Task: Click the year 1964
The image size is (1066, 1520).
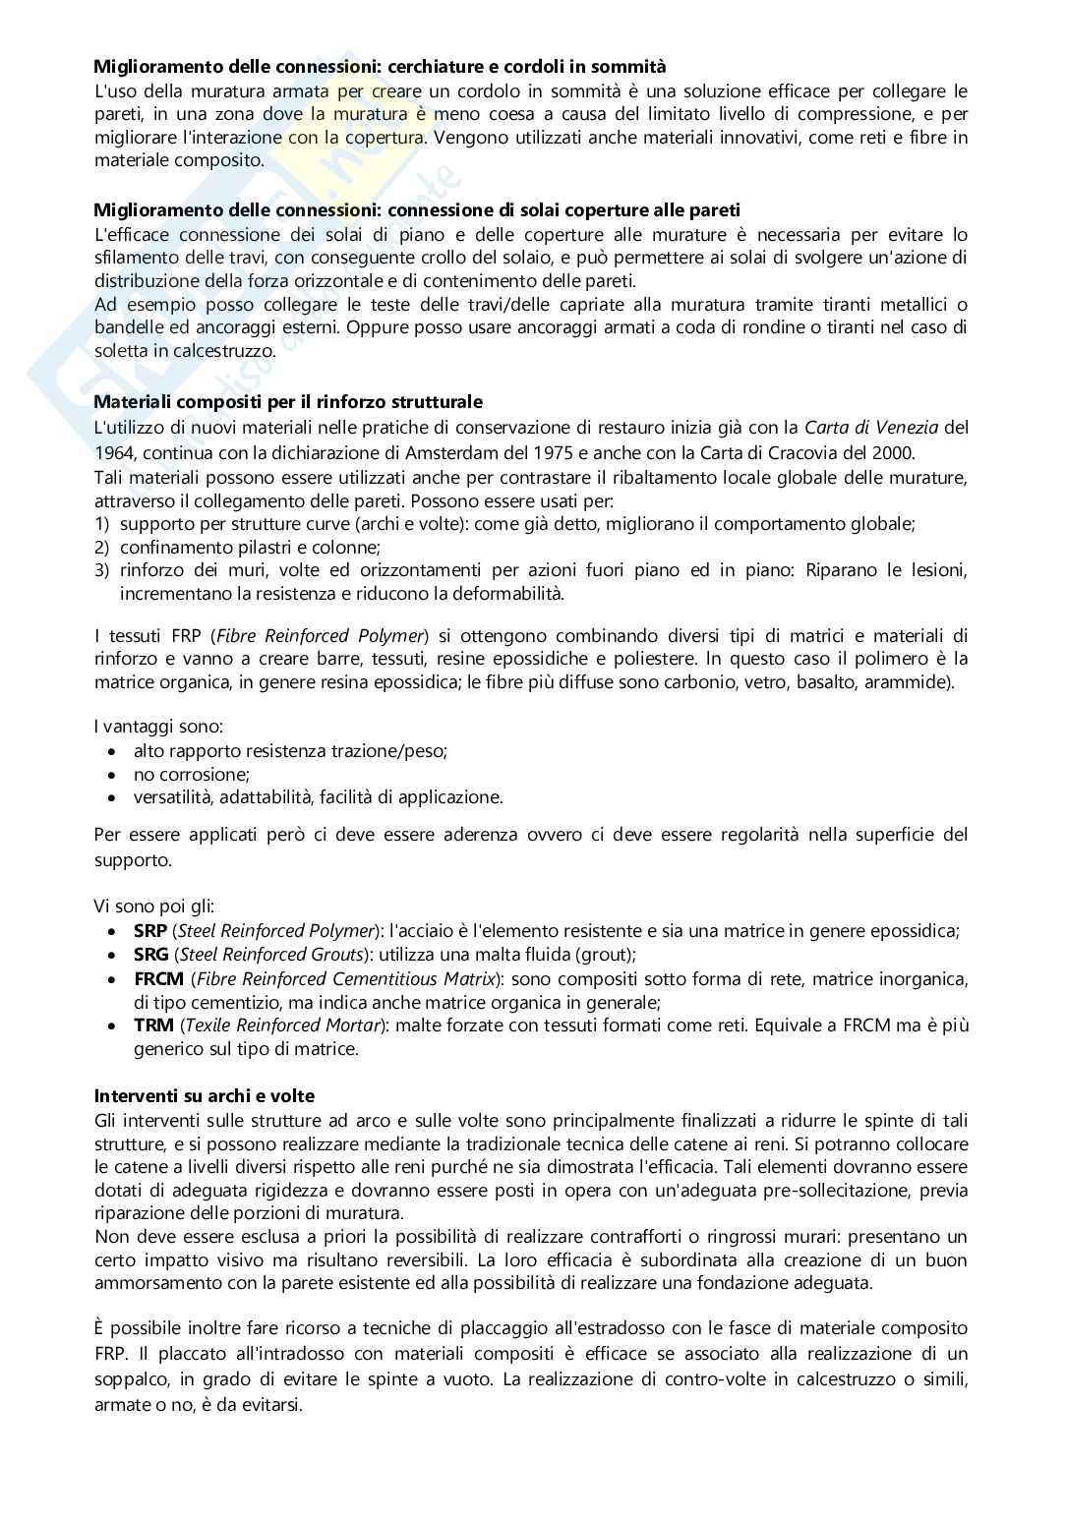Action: (x=114, y=453)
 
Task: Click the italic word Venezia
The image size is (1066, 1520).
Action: (x=906, y=428)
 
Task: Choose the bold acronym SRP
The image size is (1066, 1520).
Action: (x=149, y=931)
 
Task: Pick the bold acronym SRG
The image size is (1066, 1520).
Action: (x=150, y=955)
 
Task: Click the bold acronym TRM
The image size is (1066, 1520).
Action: (x=153, y=1025)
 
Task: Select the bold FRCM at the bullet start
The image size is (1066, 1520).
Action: (x=157, y=979)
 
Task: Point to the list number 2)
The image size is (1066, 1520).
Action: (x=101, y=548)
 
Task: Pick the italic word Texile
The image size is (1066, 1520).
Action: (x=210, y=1025)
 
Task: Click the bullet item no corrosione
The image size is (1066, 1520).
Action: (x=192, y=775)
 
